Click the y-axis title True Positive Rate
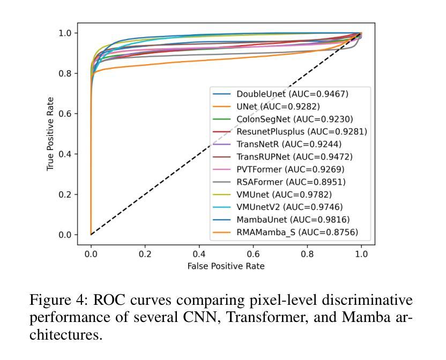pos(51,134)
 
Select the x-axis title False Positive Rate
pos(226,266)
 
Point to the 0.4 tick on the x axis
pos(199,254)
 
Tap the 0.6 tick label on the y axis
pos(64,114)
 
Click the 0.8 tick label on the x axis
pos(307,254)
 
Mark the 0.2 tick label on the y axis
pos(64,194)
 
